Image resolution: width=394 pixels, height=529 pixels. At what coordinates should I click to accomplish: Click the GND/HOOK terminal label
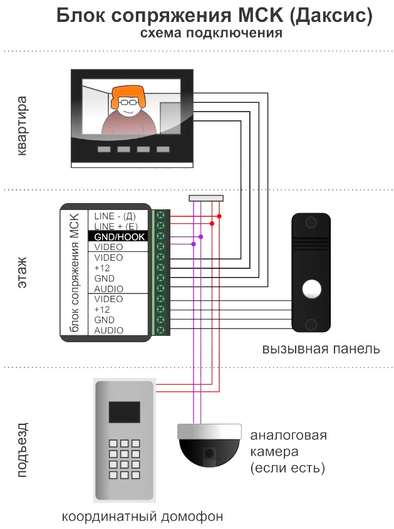119,237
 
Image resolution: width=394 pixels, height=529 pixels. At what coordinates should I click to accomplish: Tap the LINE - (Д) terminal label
115,216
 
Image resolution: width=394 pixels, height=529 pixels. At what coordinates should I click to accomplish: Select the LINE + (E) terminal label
116,226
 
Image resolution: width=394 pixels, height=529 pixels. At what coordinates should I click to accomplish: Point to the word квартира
21,125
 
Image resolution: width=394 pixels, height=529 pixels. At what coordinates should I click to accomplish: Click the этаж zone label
22,273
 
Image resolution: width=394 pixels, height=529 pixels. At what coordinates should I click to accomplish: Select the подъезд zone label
22,450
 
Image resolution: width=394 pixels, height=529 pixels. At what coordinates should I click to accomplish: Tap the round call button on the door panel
311,290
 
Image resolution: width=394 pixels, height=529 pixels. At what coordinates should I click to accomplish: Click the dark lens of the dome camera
209,453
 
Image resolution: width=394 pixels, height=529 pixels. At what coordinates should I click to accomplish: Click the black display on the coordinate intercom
124,412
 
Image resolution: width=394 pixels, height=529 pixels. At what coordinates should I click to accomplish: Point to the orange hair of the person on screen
128,95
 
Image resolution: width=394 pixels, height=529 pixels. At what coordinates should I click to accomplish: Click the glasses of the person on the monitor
128,102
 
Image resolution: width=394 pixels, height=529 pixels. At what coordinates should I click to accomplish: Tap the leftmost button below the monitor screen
104,149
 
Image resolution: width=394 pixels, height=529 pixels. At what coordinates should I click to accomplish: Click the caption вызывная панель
321,349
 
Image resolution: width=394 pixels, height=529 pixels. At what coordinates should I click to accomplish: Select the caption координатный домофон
142,516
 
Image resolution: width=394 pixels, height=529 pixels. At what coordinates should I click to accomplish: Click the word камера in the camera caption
274,451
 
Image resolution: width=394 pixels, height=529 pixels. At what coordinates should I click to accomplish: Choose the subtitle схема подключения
211,33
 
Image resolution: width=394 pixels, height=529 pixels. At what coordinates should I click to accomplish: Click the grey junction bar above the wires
206,198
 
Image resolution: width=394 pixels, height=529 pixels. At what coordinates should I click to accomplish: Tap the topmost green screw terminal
161,215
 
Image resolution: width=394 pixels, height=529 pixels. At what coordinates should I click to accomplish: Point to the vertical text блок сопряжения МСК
74,273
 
